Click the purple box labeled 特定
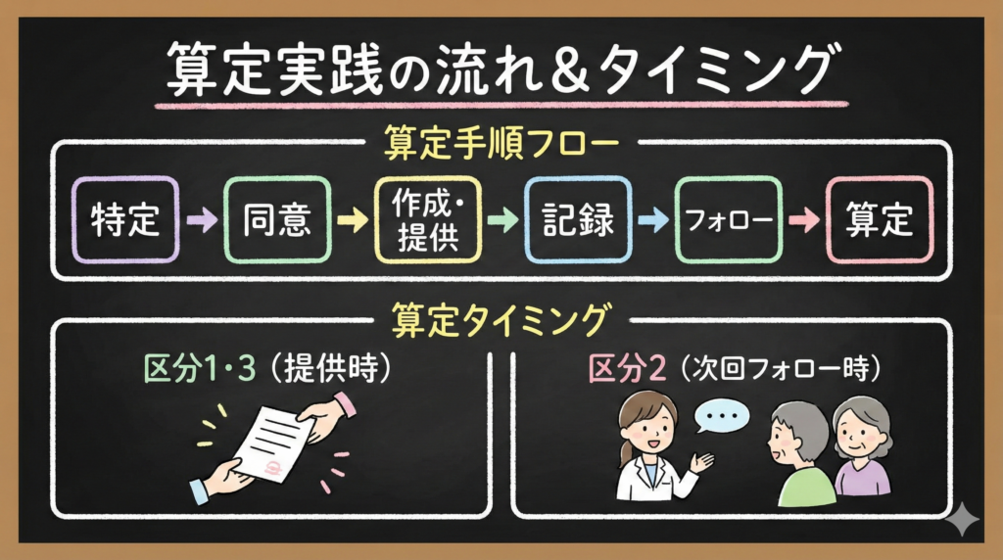point(124,220)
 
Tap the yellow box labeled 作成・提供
point(429,220)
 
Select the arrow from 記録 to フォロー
point(651,221)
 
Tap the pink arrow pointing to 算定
point(803,221)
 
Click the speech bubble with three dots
point(722,415)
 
